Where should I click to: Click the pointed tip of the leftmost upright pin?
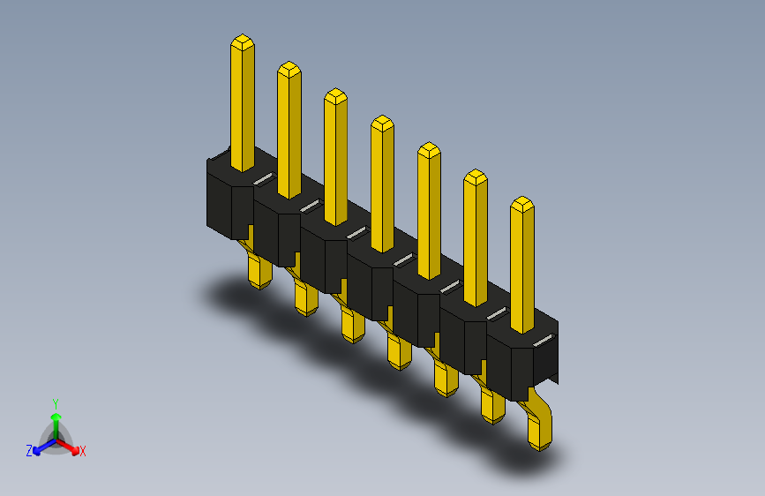[x=243, y=35]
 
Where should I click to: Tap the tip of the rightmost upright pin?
[x=522, y=197]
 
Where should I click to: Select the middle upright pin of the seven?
[x=383, y=184]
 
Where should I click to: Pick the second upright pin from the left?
[x=289, y=131]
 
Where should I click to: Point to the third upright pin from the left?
[x=335, y=157]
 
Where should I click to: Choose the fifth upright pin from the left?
[x=430, y=211]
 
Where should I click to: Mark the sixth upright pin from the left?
[x=476, y=238]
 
